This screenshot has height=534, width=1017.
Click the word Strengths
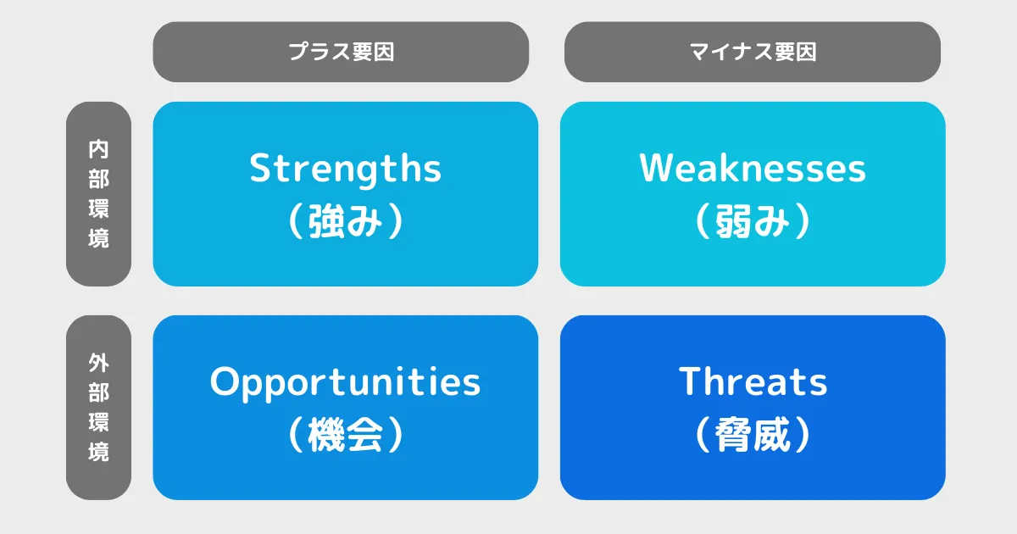point(345,169)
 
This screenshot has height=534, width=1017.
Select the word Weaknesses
point(753,169)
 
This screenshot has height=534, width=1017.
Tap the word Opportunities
point(345,382)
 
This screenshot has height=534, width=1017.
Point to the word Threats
point(753,382)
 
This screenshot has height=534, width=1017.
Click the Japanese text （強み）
point(345,221)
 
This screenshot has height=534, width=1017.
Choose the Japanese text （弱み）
point(753,221)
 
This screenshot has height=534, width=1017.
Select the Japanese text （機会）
point(345,435)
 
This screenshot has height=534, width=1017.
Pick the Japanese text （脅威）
point(753,435)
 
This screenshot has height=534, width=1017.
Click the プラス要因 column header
point(341,52)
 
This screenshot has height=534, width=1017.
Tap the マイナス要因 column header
point(753,52)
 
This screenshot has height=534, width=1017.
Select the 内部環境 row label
point(98,194)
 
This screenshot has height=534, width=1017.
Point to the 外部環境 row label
point(98,408)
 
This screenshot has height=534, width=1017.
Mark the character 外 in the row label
point(98,363)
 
